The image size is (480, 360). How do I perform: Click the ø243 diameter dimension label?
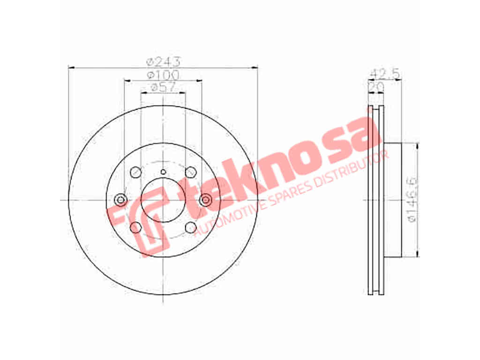point(164,62)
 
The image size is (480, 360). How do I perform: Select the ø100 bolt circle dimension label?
point(163,75)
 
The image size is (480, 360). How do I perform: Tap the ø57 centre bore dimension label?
point(163,87)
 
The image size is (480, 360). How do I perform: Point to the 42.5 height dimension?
point(385,74)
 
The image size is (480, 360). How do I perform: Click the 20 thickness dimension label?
point(376,87)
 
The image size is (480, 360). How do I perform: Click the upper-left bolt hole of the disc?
point(135,172)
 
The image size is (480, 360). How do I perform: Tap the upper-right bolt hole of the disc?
point(191,172)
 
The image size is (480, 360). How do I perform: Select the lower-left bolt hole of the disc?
point(135,227)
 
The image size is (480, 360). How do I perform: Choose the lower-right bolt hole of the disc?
point(191,227)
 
